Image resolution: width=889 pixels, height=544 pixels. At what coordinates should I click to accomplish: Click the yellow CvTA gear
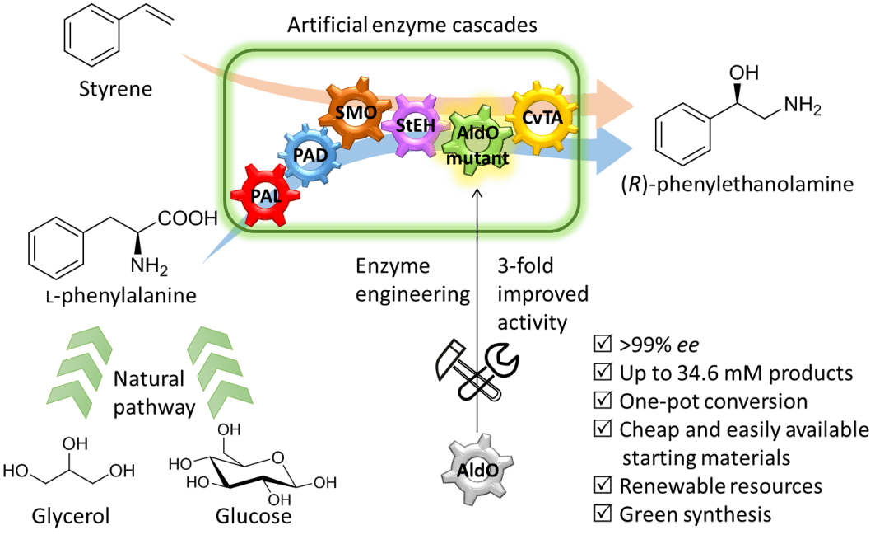tap(542, 118)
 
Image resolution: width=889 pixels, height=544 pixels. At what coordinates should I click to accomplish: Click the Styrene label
tap(116, 88)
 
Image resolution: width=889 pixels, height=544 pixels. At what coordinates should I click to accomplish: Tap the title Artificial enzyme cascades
tap(412, 25)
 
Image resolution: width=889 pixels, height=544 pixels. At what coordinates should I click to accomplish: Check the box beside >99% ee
tap(603, 344)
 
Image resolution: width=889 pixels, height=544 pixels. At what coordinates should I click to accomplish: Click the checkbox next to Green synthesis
tap(603, 514)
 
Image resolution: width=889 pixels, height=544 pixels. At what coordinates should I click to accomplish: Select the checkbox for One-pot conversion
tap(603, 401)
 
